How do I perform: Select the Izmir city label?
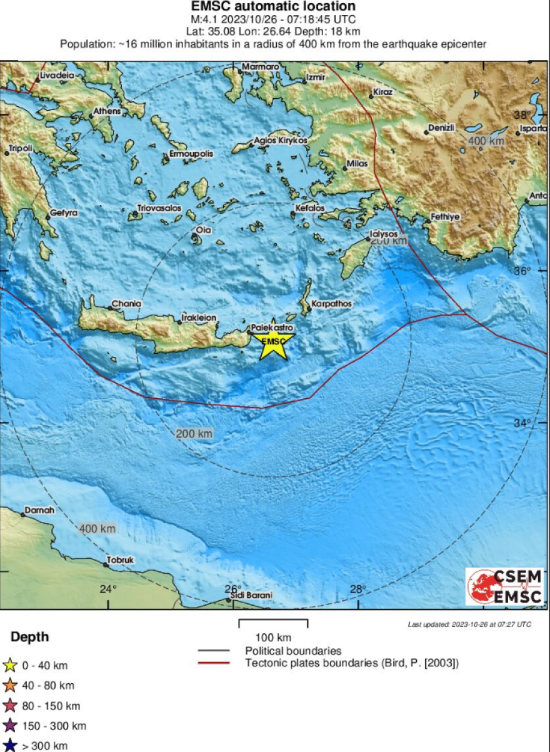point(314,79)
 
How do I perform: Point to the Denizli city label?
point(441,128)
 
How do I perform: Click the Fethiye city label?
point(445,217)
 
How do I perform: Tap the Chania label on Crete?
point(126,304)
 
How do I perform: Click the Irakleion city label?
point(199,318)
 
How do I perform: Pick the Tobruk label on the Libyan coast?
point(120,560)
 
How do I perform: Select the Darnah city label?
point(39,511)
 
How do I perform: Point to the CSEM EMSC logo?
point(504,586)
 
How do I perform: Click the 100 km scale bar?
point(273,623)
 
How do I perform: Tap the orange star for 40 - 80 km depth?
point(9,686)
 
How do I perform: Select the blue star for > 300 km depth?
point(9,746)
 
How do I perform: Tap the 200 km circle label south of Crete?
point(194,433)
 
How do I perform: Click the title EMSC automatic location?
point(273,7)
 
